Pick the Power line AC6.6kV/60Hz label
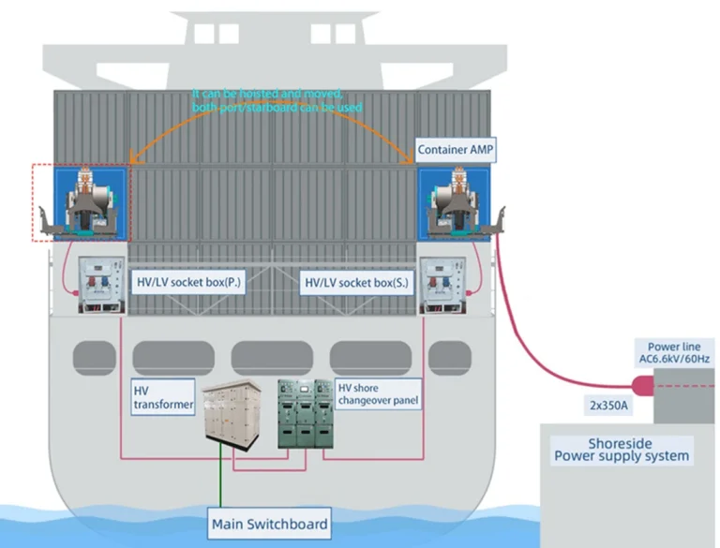tap(674, 354)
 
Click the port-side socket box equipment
tap(99, 282)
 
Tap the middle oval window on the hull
tap(272, 355)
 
